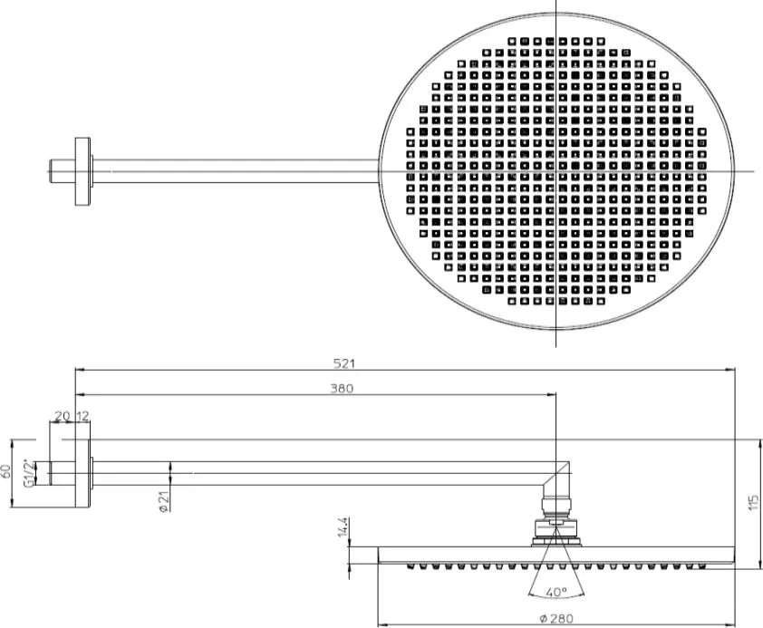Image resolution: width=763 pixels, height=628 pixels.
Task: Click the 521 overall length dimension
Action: point(344,363)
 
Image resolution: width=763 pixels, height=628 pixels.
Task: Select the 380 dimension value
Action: point(342,388)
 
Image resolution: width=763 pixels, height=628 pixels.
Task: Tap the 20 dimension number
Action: point(62,416)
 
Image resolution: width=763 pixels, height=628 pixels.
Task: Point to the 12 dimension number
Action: point(82,416)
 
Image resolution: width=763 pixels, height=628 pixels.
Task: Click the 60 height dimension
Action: point(5,471)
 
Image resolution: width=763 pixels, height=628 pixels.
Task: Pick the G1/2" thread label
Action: point(30,473)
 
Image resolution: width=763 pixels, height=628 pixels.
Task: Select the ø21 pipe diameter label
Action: point(164,501)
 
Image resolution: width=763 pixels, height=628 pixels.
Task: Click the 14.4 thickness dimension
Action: point(343,527)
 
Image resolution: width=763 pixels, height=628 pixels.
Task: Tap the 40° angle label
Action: point(556,592)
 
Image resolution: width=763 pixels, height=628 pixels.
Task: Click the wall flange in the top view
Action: point(82,171)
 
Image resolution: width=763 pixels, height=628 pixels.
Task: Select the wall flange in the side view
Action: point(82,474)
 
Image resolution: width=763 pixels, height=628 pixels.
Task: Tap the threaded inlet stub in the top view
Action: point(63,171)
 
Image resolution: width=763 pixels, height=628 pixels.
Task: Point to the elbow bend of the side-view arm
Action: point(557,478)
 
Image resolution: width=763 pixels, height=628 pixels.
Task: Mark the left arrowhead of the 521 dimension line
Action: point(80,370)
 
